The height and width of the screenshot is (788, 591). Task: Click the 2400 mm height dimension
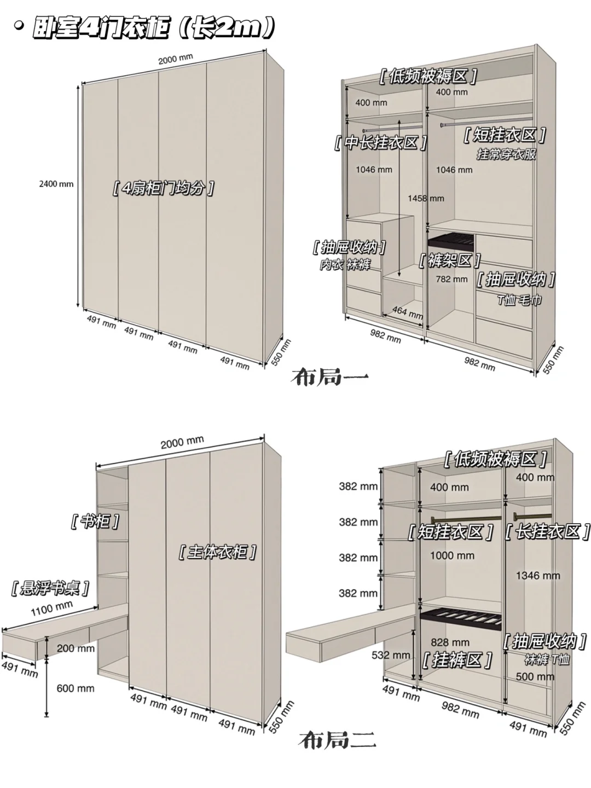coord(56,184)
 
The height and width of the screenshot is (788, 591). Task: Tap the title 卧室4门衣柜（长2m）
coord(154,28)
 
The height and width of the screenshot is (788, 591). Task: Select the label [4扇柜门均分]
coord(164,188)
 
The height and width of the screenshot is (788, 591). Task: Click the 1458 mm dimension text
coord(426,198)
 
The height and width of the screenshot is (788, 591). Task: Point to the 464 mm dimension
coord(407,312)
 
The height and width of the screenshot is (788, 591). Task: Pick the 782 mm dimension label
coord(451,279)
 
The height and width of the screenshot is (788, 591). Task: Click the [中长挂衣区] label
coord(380,143)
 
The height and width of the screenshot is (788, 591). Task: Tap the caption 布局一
coord(330,378)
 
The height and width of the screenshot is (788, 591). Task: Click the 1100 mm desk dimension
coord(51,608)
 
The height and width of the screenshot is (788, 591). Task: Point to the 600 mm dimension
coord(76,688)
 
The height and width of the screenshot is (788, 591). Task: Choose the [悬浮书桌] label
coord(50,588)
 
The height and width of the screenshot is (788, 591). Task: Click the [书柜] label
coord(95,522)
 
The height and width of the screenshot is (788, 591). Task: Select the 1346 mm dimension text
coord(537,576)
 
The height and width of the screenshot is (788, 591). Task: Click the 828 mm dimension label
coord(450,642)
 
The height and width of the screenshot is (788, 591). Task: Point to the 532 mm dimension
coord(391,655)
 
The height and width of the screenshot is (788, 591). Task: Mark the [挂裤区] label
coord(457,660)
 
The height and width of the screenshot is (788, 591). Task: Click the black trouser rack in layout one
coord(451,240)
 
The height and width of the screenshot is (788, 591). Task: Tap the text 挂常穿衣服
coord(506,154)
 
